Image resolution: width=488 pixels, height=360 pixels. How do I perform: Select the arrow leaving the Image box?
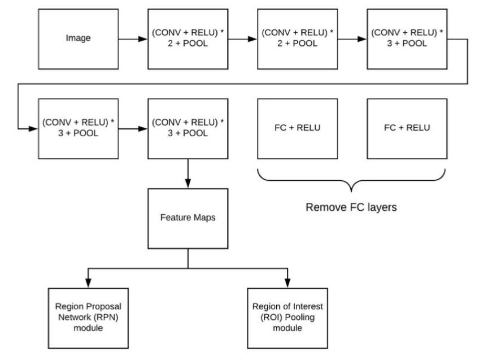click(x=133, y=39)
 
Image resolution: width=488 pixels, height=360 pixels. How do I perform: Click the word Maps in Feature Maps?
click(x=204, y=218)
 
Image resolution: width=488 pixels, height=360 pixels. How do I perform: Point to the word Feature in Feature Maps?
click(x=176, y=218)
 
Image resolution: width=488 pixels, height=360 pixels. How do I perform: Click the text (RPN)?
click(x=106, y=318)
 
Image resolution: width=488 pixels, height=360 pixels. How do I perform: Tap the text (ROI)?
click(x=271, y=318)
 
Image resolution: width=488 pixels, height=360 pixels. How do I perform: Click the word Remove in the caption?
click(x=326, y=207)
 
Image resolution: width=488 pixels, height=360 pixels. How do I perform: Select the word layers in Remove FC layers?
click(x=382, y=207)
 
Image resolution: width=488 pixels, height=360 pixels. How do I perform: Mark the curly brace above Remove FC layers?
click(x=351, y=180)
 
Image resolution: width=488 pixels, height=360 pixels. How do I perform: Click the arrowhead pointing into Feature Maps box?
click(x=188, y=184)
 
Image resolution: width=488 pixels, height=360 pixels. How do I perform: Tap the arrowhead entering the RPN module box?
click(x=88, y=283)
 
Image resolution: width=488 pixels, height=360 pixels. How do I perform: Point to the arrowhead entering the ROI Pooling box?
click(x=287, y=283)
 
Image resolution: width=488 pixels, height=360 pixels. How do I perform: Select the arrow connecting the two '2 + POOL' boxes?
click(x=243, y=39)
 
